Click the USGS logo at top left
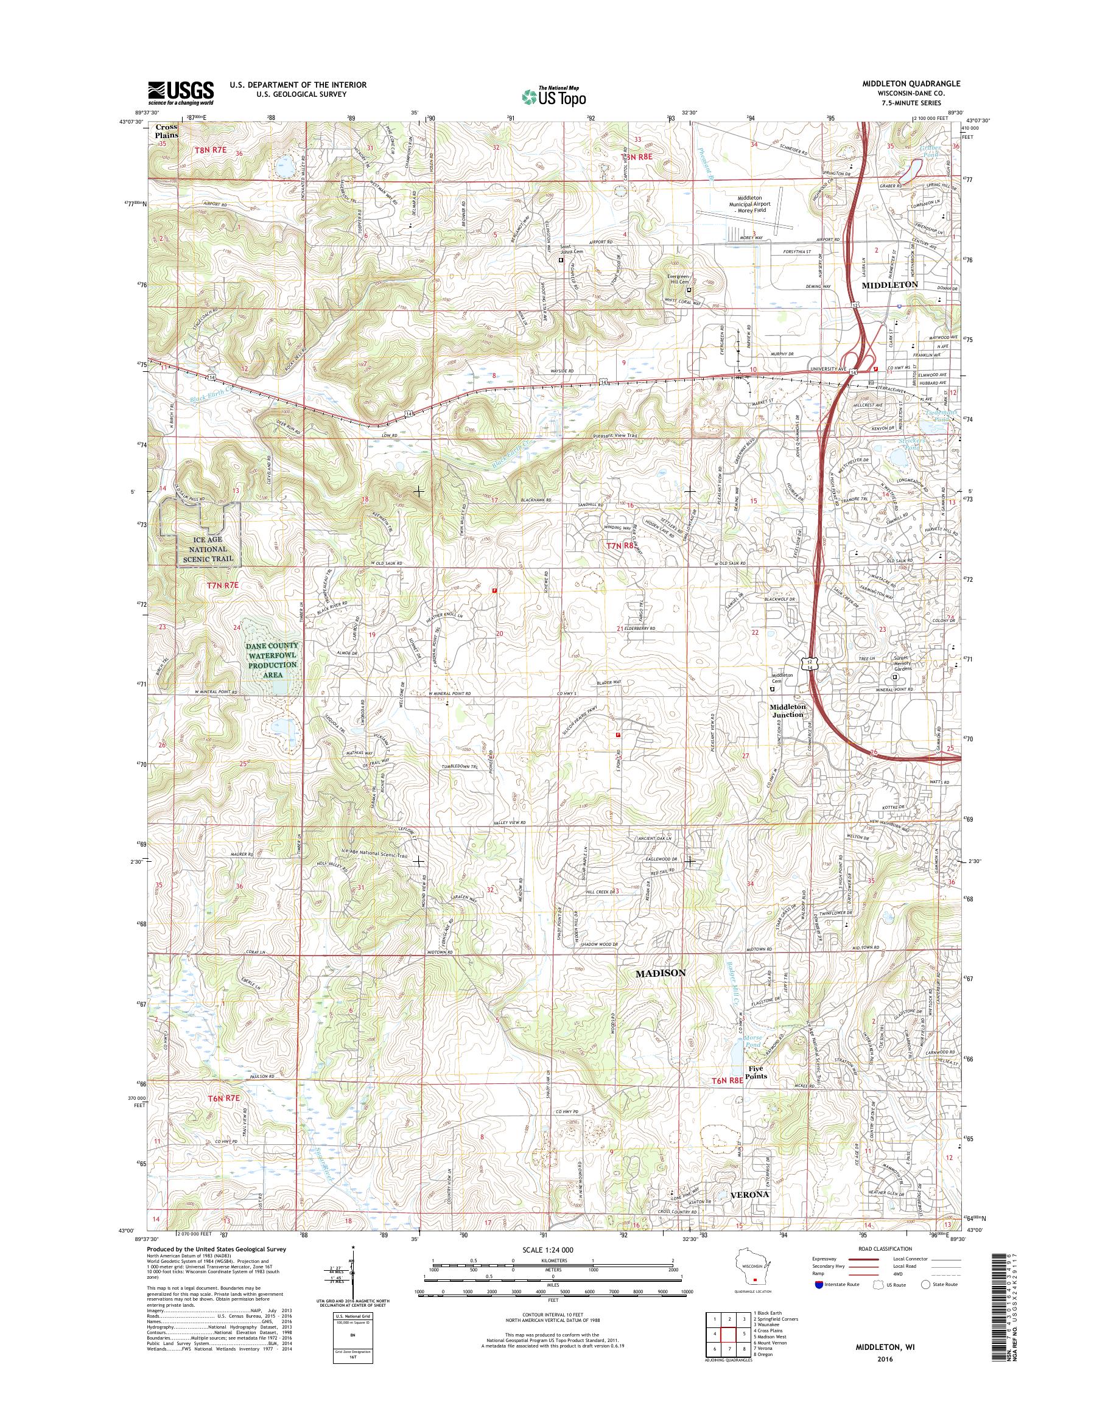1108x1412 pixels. tap(181, 93)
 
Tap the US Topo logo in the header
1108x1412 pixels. tap(553, 96)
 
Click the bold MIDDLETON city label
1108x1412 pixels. tap(889, 285)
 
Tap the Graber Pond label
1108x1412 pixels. tap(931, 151)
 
